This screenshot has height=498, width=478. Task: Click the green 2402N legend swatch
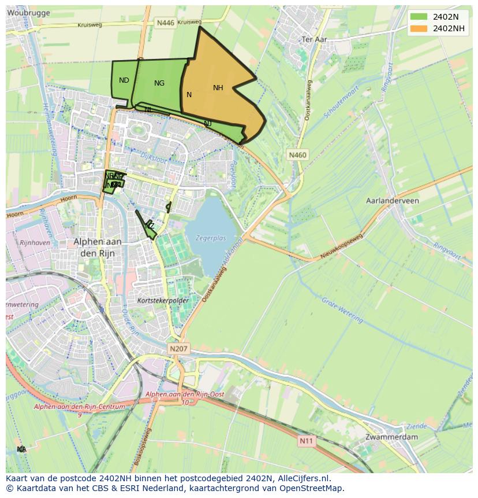(x=420, y=17)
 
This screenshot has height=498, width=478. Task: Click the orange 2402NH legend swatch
(x=420, y=28)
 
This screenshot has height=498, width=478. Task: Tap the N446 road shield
(x=166, y=23)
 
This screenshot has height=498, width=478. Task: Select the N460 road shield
(x=298, y=155)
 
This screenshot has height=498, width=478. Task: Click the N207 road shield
(x=179, y=349)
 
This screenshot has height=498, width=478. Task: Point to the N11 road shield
(x=307, y=441)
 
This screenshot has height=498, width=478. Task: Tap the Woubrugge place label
(x=28, y=13)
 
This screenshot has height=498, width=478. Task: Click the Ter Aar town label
(x=315, y=39)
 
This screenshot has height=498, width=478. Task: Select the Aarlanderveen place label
(x=393, y=201)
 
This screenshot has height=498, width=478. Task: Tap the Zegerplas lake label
(x=211, y=238)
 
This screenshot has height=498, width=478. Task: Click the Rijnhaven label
(x=35, y=243)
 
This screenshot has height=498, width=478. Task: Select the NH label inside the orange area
(x=218, y=88)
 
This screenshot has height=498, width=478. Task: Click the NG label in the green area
(x=159, y=83)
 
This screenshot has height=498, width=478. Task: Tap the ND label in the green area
(x=124, y=80)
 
